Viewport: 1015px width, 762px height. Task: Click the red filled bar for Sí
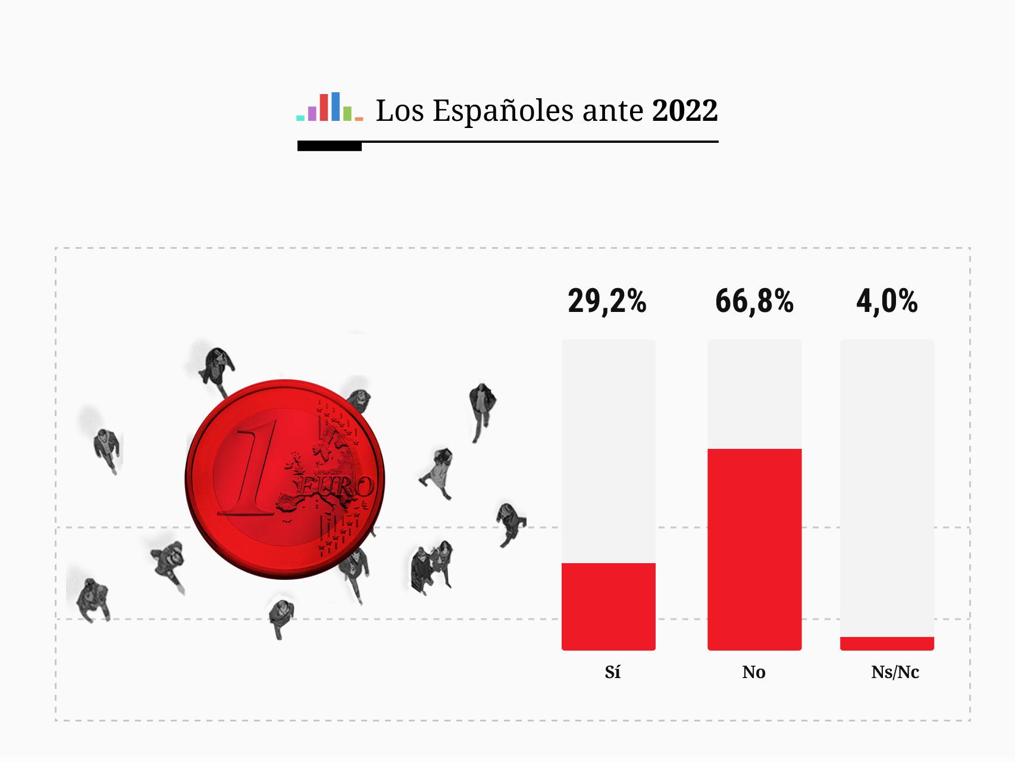click(608, 606)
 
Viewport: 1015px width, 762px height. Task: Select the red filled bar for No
click(754, 549)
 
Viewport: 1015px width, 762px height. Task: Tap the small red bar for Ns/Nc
click(886, 644)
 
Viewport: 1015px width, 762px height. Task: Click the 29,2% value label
click(607, 301)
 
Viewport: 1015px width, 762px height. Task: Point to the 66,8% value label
click(754, 301)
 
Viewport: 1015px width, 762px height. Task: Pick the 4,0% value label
click(886, 301)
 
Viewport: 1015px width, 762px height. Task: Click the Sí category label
click(612, 672)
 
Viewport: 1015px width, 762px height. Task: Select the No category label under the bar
click(753, 672)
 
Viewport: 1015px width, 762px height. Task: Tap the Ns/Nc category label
click(895, 672)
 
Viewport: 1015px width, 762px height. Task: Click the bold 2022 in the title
click(685, 111)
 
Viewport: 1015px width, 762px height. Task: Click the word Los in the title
click(399, 111)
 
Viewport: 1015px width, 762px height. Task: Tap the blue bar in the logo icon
click(336, 107)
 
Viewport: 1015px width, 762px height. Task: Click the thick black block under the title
click(329, 146)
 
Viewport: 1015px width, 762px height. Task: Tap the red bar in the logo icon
click(324, 107)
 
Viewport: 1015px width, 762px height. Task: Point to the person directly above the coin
click(218, 367)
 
